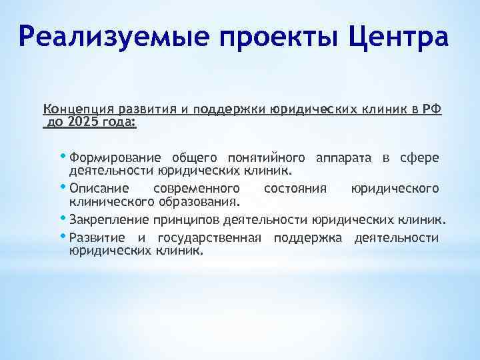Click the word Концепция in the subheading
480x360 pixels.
coord(77,110)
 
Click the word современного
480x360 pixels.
coord(196,189)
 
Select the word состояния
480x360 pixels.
coord(295,189)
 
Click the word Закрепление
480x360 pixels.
coord(109,219)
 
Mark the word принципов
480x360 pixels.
coord(185,219)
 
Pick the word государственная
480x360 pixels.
coord(211,238)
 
